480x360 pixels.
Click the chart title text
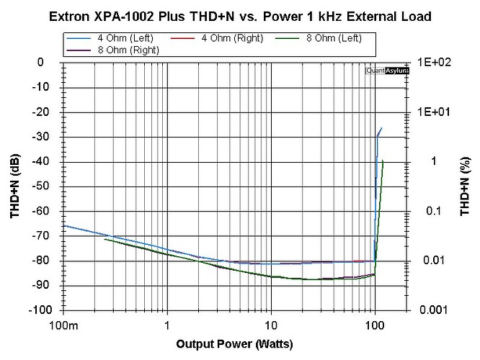pyautogui.click(x=241, y=15)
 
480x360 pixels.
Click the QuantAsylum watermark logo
pyautogui.click(x=387, y=71)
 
